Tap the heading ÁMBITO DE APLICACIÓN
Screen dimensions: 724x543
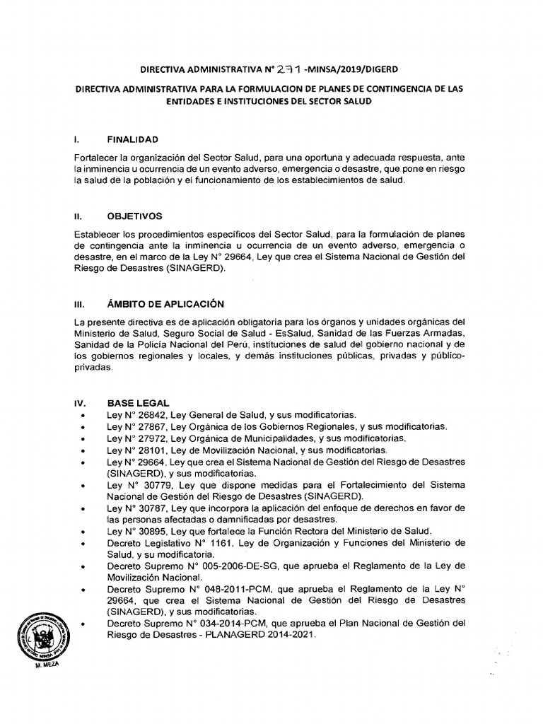pyautogui.click(x=165, y=304)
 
